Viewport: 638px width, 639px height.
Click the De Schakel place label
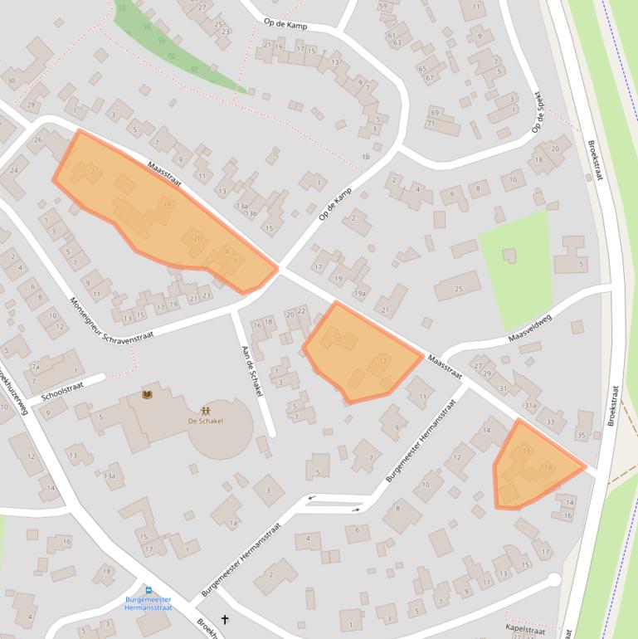(x=205, y=421)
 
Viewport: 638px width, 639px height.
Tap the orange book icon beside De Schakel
(x=148, y=394)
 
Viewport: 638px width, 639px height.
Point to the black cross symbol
(x=223, y=619)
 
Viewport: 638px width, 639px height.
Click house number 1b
(x=366, y=156)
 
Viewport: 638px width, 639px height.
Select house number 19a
(x=359, y=293)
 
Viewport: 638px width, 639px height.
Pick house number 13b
(x=251, y=213)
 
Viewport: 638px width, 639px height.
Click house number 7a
(x=35, y=366)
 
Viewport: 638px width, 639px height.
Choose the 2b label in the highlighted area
(x=197, y=239)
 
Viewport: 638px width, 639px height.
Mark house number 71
(x=431, y=123)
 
